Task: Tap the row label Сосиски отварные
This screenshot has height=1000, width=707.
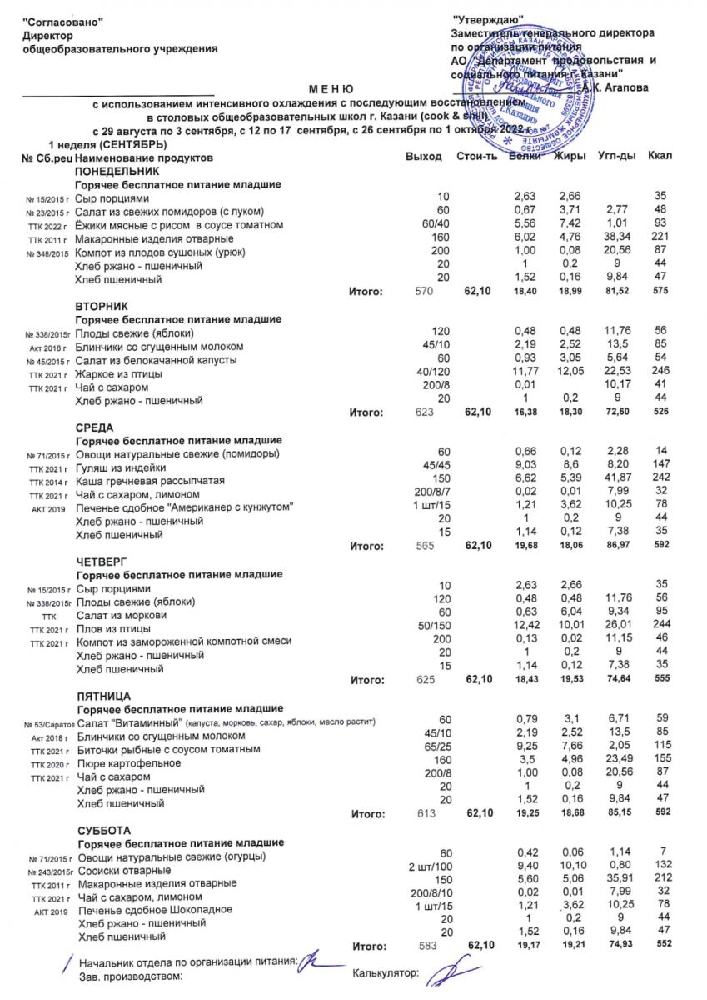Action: pos(124,871)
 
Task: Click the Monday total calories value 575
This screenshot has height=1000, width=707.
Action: pos(662,292)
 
